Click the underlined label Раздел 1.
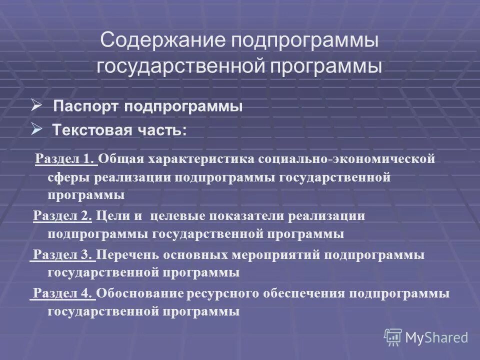pyautogui.click(x=65, y=159)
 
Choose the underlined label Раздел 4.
pyautogui.click(x=63, y=293)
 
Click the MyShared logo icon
pyautogui.click(x=393, y=337)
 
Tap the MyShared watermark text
pyautogui.click(x=437, y=338)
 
